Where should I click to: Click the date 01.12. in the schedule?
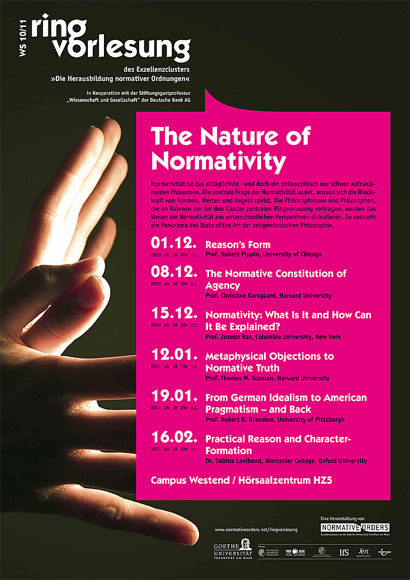tap(174, 243)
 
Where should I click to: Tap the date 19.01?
tap(174, 396)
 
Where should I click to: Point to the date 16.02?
tap(174, 437)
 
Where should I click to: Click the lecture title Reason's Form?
tap(238, 245)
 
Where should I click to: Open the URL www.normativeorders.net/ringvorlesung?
tap(256, 529)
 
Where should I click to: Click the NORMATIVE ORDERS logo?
tap(355, 527)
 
